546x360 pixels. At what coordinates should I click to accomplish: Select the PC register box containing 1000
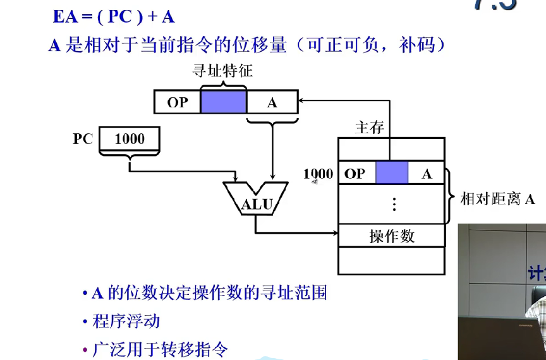tap(129, 139)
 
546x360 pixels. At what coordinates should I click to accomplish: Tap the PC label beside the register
tap(83, 139)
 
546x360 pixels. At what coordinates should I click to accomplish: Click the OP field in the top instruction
tap(178, 102)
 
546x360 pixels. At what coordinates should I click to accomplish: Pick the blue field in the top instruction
tap(224, 102)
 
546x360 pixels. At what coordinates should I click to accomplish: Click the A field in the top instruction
tap(272, 102)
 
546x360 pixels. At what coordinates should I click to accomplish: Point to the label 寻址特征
tap(222, 71)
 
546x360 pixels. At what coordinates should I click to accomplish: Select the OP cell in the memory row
tap(357, 173)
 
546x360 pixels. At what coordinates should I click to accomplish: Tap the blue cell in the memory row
tap(392, 173)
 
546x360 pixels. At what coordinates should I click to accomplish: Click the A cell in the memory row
tap(427, 173)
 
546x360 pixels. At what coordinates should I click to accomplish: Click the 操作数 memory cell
tap(392, 236)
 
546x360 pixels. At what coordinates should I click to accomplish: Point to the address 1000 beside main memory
tap(318, 174)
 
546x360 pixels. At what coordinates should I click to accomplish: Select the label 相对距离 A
tap(497, 200)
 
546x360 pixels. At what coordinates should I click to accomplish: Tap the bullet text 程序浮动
tap(126, 321)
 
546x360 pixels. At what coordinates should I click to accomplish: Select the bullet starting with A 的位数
tap(209, 293)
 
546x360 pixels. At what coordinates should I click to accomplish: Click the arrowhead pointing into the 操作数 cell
tap(335, 234)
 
